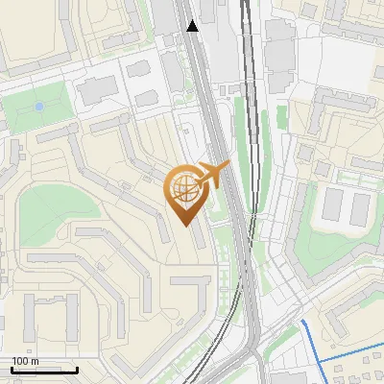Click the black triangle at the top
[193, 26]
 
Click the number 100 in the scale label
[19, 361]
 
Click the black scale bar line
[44, 370]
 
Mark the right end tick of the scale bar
[77, 368]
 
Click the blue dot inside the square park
[39, 107]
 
